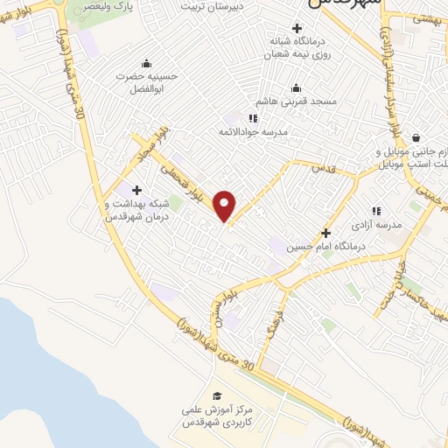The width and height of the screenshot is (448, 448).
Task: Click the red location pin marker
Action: point(225,205)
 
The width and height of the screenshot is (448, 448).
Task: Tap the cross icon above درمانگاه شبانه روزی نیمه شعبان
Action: point(297,29)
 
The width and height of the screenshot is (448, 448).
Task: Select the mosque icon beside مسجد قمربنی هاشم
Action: point(295,87)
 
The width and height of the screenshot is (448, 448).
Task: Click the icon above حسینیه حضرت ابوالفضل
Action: point(145,63)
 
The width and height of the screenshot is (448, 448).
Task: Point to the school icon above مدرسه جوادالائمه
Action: point(253,117)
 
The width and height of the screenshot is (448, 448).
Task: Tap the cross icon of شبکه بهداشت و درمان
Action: point(136,190)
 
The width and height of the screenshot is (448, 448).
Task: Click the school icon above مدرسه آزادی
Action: point(377,210)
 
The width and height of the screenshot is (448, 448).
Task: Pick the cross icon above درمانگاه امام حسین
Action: point(325,234)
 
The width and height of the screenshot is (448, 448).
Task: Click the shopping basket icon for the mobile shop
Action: point(415,136)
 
